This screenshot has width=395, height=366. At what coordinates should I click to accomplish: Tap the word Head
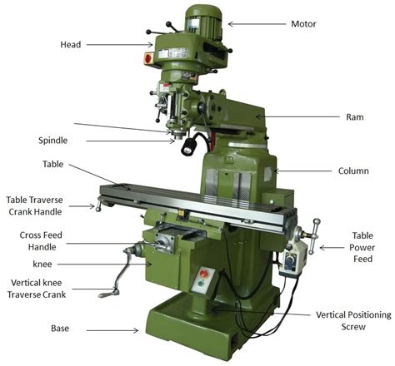click(71, 44)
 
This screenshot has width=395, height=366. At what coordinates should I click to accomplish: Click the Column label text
click(352, 171)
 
